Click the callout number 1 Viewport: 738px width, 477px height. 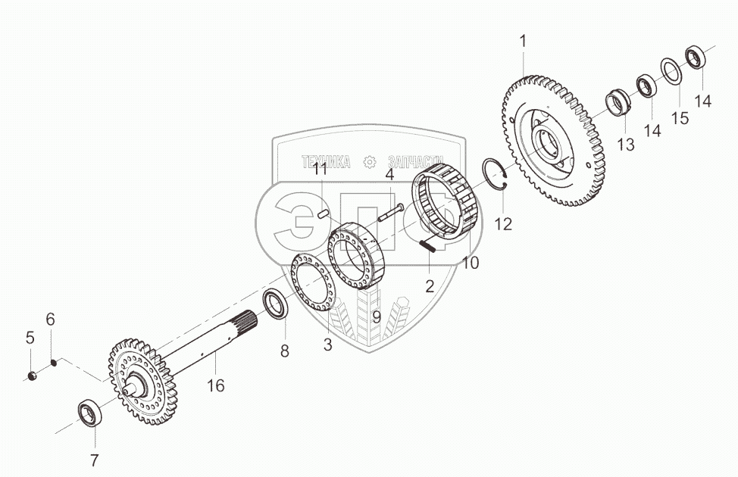click(523, 42)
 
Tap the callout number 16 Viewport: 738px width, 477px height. click(216, 385)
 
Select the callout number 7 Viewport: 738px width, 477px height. click(95, 460)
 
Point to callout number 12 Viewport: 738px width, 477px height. click(503, 223)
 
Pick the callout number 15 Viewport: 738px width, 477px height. click(679, 118)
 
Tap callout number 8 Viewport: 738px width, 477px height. click(285, 351)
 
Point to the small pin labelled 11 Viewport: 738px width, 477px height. click(323, 214)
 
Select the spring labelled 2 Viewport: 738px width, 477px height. click(426, 244)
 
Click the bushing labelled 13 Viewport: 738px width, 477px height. click(618, 103)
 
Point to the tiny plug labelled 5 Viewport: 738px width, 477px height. click(32, 376)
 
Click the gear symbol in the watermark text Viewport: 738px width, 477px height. click(370, 161)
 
